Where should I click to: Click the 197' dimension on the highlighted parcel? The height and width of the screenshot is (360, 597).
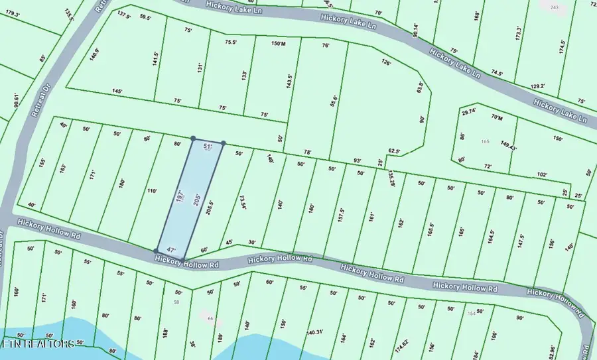tap(178, 196)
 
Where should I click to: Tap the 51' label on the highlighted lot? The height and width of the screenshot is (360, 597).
tap(208, 146)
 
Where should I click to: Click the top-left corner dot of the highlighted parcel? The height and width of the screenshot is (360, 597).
tap(193, 139)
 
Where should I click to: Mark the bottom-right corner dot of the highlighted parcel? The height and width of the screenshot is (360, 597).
tap(183, 259)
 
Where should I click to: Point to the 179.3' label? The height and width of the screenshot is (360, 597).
tap(12, 14)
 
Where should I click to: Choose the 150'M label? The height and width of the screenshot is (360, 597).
tap(278, 44)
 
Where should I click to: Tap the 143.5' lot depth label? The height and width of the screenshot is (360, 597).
tap(289, 82)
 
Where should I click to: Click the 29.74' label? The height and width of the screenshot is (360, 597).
tap(468, 111)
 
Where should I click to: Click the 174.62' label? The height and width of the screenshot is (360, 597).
tap(400, 345)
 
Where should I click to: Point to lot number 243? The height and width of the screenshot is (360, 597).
tap(555, 7)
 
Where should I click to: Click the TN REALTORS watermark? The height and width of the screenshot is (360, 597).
tap(38, 344)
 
